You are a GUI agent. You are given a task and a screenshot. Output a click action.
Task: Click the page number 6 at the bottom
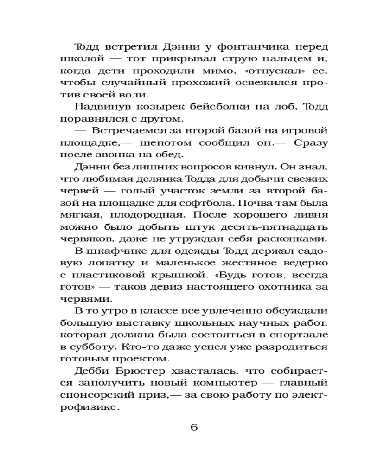click(x=193, y=427)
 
